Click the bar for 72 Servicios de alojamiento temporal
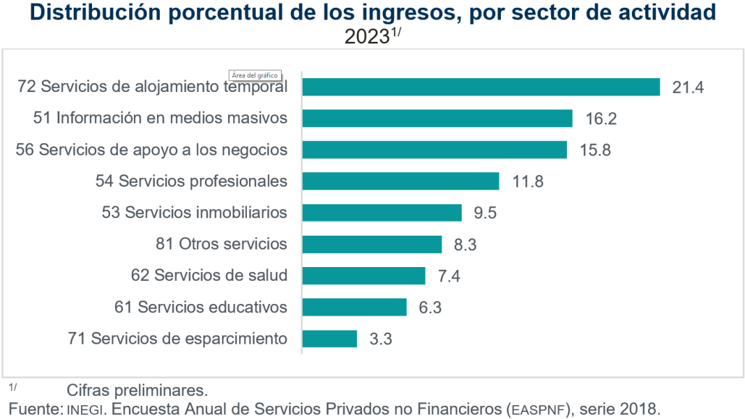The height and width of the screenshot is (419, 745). click(x=481, y=86)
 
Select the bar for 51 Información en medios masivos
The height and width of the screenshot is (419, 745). click(x=437, y=119)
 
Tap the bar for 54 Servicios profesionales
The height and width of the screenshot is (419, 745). click(x=400, y=181)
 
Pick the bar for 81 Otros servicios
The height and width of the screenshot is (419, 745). click(x=372, y=244)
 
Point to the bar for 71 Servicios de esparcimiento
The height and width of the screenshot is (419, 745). click(x=329, y=339)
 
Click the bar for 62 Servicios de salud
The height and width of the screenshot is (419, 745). click(x=363, y=275)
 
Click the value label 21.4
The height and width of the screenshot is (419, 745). click(x=688, y=87)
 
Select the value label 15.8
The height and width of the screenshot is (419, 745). click(x=594, y=150)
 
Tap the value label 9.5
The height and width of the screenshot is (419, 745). click(x=485, y=213)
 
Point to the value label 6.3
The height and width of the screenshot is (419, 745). click(x=430, y=307)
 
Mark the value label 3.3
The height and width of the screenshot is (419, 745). click(x=382, y=340)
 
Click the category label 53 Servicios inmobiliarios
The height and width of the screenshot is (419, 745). click(x=194, y=213)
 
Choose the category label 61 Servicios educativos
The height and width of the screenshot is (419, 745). click(x=200, y=307)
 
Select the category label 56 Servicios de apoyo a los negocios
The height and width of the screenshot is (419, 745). click(x=151, y=150)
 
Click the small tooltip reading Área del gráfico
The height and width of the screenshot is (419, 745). click(x=255, y=75)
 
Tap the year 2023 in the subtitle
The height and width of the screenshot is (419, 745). click(x=366, y=37)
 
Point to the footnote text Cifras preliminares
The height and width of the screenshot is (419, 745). click(x=137, y=389)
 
